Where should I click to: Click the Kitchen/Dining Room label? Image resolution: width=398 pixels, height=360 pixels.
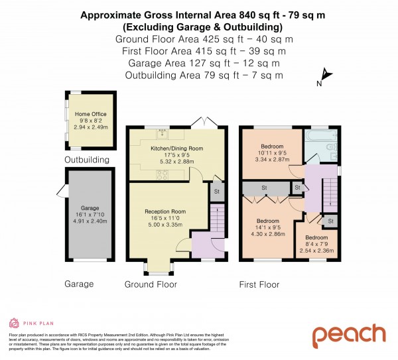pyautogui.click(x=177, y=149)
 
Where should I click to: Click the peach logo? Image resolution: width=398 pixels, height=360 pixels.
pyautogui.click(x=349, y=335)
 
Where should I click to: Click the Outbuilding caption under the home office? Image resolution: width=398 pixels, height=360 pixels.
pyautogui.click(x=86, y=160)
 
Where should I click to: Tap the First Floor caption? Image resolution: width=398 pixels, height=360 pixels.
pyautogui.click(x=259, y=284)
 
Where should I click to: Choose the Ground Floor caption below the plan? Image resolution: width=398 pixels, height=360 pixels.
pyautogui.click(x=151, y=284)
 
